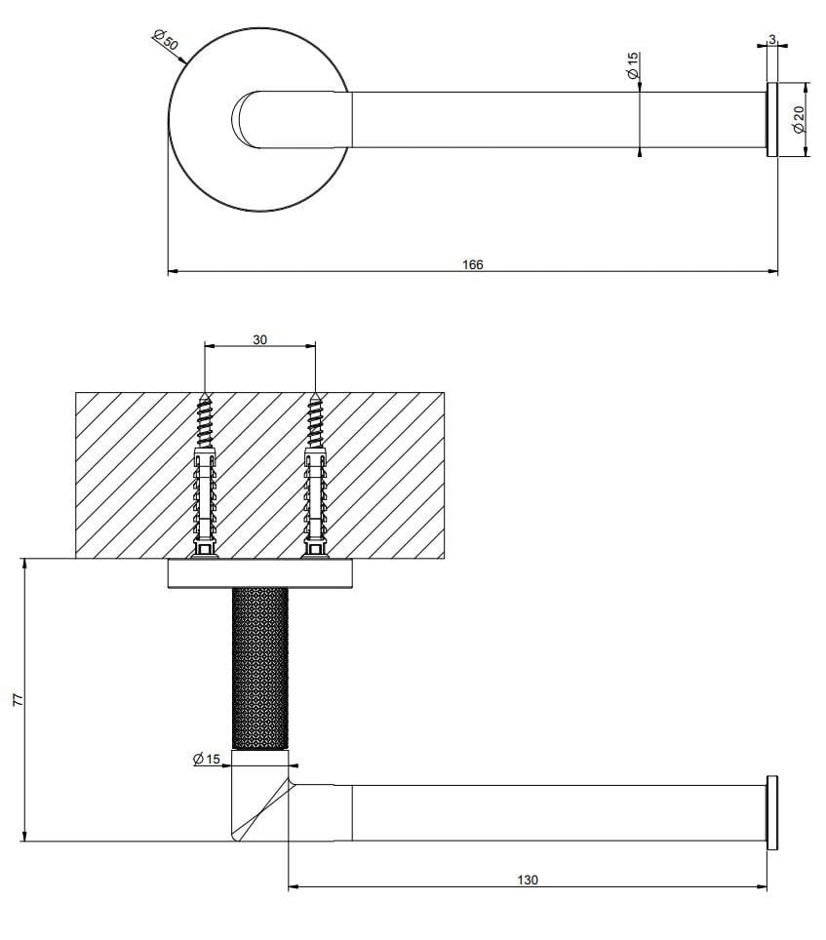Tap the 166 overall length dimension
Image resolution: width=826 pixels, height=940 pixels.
(x=472, y=264)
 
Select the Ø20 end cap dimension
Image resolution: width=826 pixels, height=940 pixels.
(x=798, y=120)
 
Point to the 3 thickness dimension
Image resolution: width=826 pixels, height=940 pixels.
(x=771, y=40)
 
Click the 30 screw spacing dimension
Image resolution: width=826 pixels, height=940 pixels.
(x=259, y=340)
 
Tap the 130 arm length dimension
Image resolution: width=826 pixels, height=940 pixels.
(x=527, y=880)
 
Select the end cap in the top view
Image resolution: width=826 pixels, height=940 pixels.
(x=770, y=120)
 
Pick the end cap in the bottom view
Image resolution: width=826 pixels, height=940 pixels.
(x=771, y=812)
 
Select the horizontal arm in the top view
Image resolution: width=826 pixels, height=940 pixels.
(x=556, y=120)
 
